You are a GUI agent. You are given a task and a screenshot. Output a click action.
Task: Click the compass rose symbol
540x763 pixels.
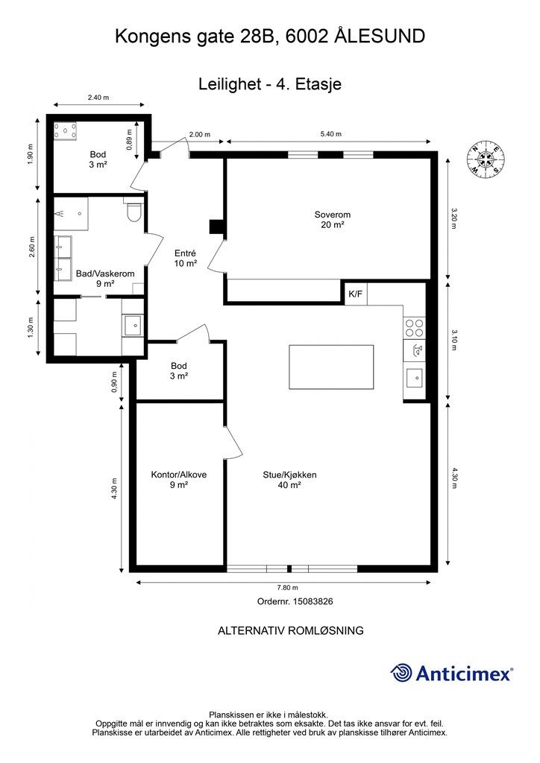(486, 158)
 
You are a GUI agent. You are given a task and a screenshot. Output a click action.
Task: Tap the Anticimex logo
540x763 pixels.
(451, 674)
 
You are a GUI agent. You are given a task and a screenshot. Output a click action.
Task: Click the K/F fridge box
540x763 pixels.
(356, 294)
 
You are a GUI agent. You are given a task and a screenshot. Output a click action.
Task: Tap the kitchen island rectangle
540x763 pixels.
(332, 367)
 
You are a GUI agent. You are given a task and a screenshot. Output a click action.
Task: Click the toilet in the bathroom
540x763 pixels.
(134, 212)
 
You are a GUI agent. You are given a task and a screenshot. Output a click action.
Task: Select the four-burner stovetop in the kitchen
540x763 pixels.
(414, 328)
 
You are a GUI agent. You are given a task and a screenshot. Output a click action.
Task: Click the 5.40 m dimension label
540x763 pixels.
(330, 134)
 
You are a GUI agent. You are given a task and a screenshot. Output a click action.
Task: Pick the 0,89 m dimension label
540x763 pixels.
(129, 139)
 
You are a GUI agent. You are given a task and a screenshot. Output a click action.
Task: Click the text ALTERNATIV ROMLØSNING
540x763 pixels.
(291, 630)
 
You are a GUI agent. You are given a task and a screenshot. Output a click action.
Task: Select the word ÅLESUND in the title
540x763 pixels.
(380, 37)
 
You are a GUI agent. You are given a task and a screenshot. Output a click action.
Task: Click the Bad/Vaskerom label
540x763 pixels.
(105, 274)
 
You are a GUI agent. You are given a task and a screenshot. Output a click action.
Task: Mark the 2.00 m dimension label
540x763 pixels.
(199, 134)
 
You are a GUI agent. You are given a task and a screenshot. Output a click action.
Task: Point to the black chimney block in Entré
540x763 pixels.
(216, 227)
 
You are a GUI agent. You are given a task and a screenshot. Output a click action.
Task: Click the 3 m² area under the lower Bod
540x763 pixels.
(180, 376)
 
